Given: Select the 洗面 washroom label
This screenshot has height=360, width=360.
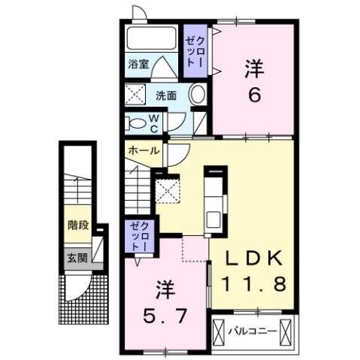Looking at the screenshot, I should (x=166, y=95).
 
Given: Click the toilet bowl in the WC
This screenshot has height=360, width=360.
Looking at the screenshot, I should (x=135, y=123).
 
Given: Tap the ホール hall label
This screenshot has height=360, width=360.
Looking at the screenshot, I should (x=143, y=150).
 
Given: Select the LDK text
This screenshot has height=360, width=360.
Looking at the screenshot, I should (x=255, y=259).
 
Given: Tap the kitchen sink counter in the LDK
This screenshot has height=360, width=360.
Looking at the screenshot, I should (x=213, y=198).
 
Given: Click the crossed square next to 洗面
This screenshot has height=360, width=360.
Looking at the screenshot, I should (x=136, y=95).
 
